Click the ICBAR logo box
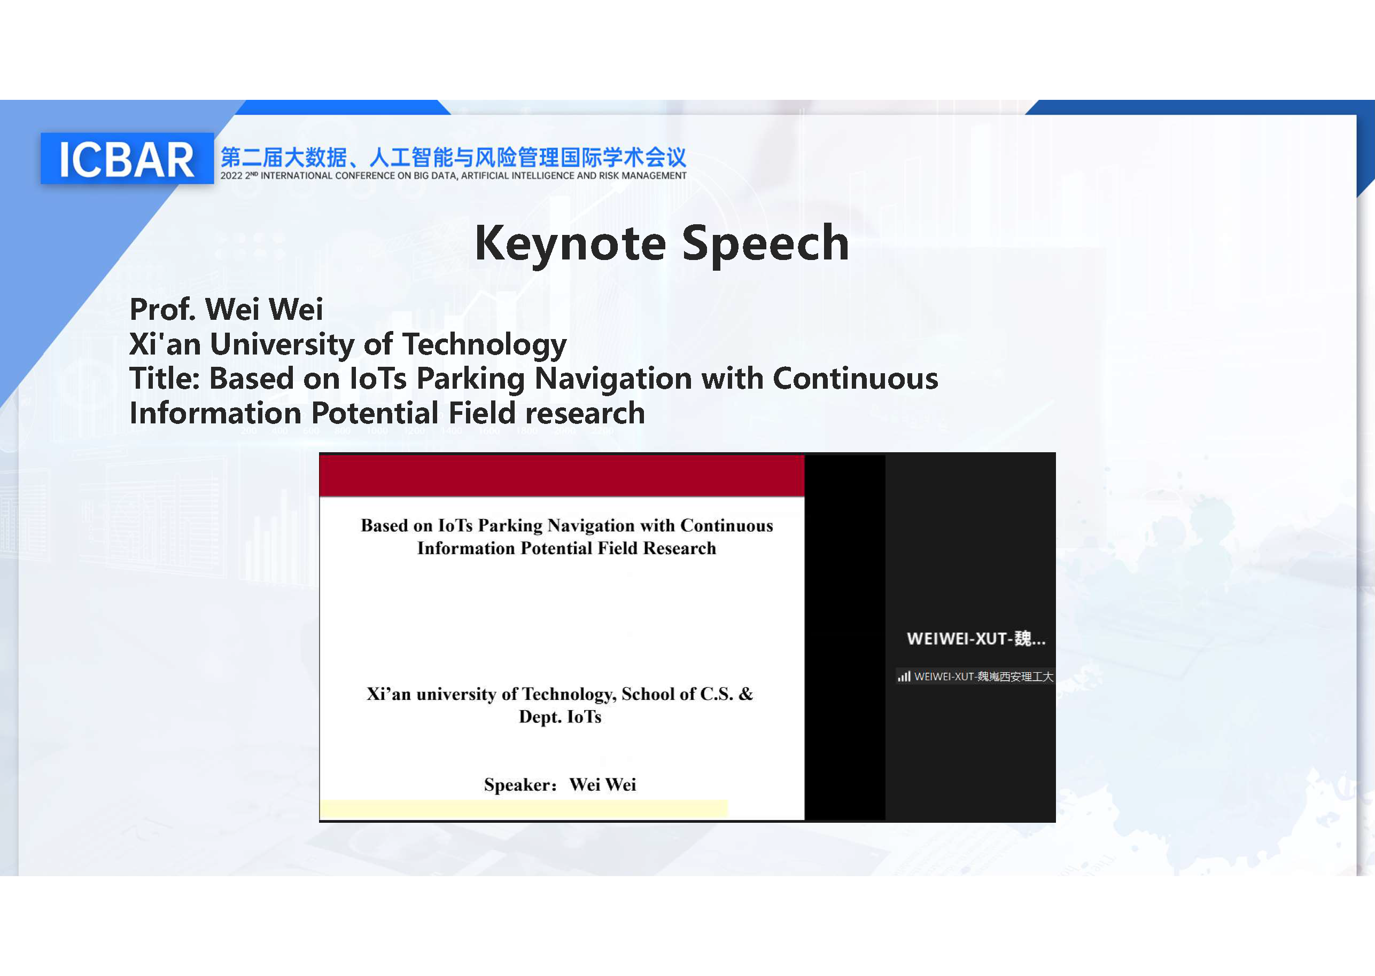click(x=127, y=159)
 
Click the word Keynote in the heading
click(x=570, y=243)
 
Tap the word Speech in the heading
click(x=765, y=243)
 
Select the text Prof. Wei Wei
click(x=226, y=310)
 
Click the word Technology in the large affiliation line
click(x=484, y=344)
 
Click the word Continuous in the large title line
click(x=854, y=379)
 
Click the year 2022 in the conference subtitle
click(x=231, y=176)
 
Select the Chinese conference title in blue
click(x=453, y=158)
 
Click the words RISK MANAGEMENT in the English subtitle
click(x=642, y=176)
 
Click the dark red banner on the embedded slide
click(x=561, y=476)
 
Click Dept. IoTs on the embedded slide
click(x=560, y=717)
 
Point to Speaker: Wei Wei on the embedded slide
click(x=560, y=785)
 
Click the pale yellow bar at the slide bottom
click(x=523, y=808)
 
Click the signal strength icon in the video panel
click(x=904, y=676)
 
